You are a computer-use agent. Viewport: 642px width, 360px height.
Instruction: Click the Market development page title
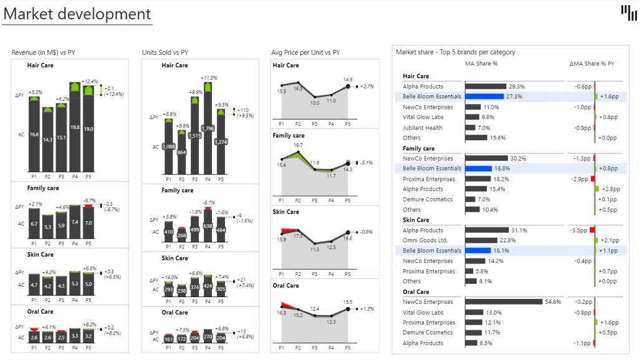coord(77,14)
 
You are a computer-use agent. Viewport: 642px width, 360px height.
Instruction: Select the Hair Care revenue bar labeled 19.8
coord(75,128)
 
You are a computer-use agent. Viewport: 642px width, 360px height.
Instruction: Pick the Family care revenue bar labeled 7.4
coord(75,222)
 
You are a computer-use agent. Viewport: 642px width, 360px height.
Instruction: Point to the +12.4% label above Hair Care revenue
coord(90,82)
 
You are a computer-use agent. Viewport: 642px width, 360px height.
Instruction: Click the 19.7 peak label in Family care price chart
coord(298,145)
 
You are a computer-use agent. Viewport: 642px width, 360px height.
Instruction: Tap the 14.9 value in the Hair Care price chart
coord(347,80)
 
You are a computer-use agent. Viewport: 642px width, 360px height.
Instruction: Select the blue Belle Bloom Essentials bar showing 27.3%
coord(484,97)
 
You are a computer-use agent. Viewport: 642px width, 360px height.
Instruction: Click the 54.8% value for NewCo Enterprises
coord(553,302)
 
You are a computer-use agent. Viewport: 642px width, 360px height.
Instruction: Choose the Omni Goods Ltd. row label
coord(425,240)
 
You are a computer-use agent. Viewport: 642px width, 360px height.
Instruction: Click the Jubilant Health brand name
coord(423,128)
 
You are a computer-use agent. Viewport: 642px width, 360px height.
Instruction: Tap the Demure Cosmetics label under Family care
coord(428,199)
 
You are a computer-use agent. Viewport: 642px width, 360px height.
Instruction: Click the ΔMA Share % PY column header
coord(592,64)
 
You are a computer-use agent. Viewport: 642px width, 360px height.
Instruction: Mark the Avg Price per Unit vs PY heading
coord(306,52)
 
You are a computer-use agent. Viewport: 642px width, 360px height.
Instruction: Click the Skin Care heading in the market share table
coord(416,220)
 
